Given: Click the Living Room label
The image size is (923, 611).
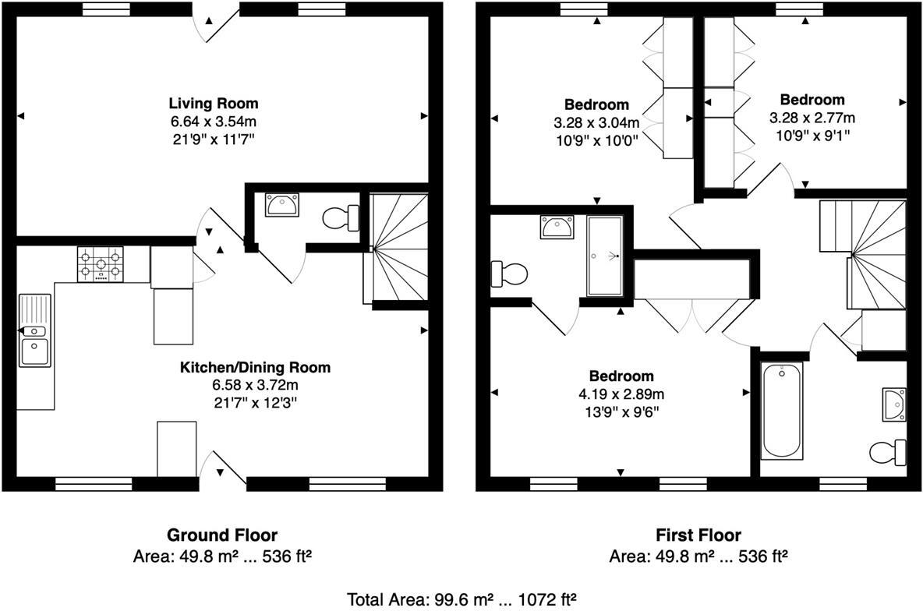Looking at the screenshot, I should pyautogui.click(x=214, y=103).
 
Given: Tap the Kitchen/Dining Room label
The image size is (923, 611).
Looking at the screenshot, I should pyautogui.click(x=256, y=367).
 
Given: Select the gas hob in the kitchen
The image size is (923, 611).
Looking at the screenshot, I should pyautogui.click(x=100, y=263).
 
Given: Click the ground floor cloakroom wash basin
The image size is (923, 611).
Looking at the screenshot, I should pyautogui.click(x=281, y=205).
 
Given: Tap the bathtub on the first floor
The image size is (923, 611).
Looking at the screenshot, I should pyautogui.click(x=783, y=411).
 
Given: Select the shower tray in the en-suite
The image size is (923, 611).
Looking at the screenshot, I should pyautogui.click(x=604, y=256).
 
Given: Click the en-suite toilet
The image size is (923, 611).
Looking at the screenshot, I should pyautogui.click(x=508, y=274).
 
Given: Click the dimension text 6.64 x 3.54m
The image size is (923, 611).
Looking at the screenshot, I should pyautogui.click(x=214, y=122).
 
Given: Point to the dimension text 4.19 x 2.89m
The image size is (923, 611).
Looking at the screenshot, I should pyautogui.click(x=621, y=394).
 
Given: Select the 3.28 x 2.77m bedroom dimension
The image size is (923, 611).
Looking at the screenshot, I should pyautogui.click(x=812, y=118).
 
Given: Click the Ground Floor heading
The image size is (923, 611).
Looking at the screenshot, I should pyautogui.click(x=221, y=535).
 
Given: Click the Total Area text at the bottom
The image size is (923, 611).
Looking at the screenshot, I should pyautogui.click(x=461, y=599).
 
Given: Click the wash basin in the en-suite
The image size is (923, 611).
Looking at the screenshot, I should pyautogui.click(x=557, y=228).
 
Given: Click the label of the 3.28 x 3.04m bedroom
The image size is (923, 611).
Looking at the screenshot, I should pyautogui.click(x=596, y=104).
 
